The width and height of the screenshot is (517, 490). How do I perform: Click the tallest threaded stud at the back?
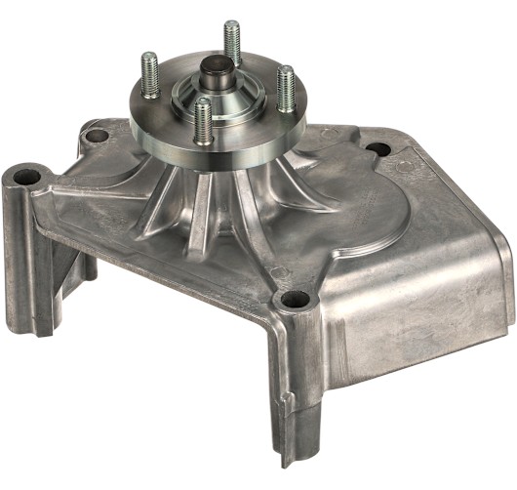tap(231, 43)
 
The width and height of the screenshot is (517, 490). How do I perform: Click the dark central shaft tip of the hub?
tap(215, 71)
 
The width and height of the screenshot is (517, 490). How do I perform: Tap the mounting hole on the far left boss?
tap(25, 178)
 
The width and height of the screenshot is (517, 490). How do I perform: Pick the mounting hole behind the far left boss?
tap(96, 136)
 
